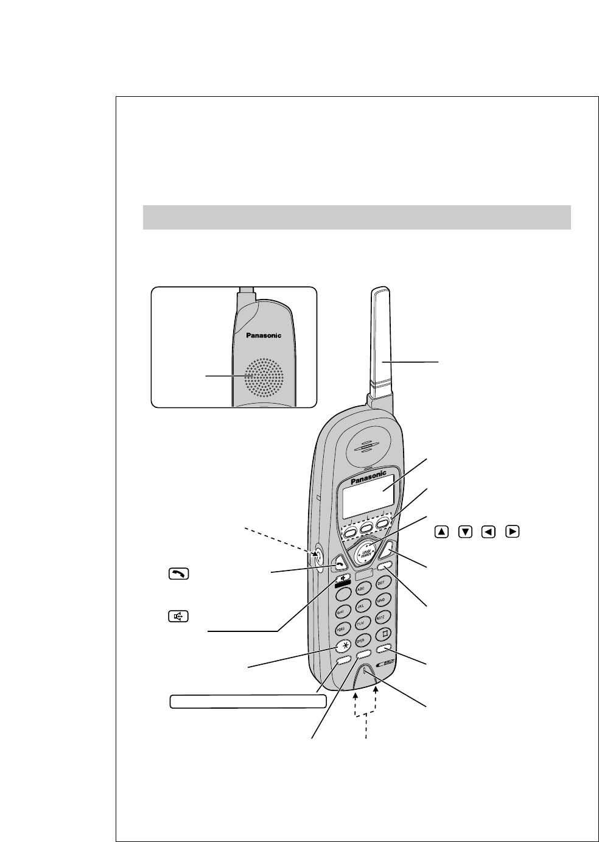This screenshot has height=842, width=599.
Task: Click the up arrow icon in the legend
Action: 442,532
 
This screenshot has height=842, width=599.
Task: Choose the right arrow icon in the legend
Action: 513,532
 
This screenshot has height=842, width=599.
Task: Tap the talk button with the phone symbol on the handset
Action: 337,566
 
